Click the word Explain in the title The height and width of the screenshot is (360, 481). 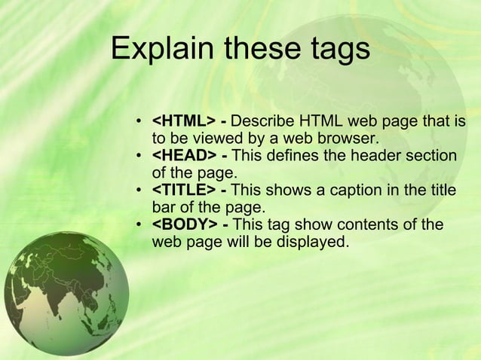(155, 50)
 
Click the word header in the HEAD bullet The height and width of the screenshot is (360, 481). (374, 156)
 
